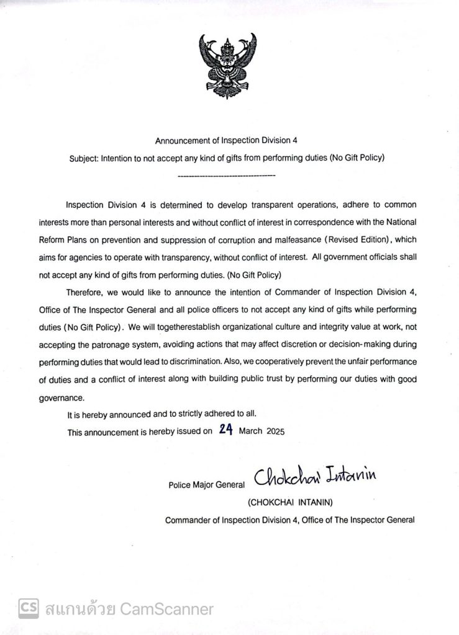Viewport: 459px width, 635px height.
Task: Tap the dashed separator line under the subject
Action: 226,177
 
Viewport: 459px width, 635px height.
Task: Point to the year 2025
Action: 275,433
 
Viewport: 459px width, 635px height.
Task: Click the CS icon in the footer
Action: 29,607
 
